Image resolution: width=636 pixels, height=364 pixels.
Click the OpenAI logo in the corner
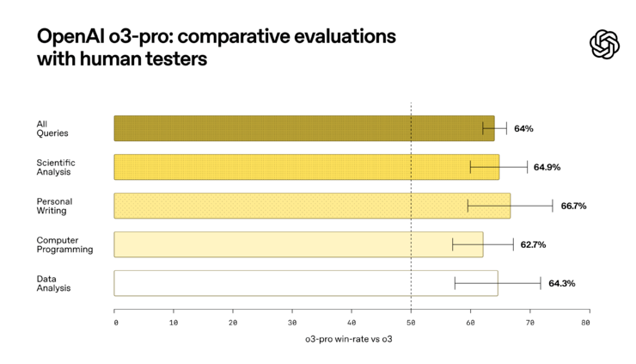coord(605,45)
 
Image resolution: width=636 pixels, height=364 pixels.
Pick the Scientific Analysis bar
coord(306,167)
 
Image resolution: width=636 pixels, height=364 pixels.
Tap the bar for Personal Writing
coord(311,206)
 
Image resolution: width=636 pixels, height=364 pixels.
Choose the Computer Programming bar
coord(298,244)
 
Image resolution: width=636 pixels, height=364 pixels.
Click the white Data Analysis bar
coord(305,283)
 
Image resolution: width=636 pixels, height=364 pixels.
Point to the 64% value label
coord(523,128)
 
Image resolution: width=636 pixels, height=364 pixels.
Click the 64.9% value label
coord(547,167)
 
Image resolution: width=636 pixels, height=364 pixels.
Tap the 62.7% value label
coord(532,244)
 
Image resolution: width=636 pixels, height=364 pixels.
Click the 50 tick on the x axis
coord(411,323)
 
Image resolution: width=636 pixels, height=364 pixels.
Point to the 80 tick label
coord(585,323)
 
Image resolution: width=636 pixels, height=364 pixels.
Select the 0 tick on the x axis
coord(116,323)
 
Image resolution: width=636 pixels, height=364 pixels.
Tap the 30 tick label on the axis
coord(292,323)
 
